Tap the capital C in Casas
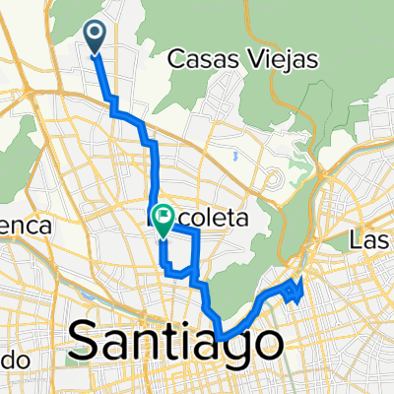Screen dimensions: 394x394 pyautogui.click(x=177, y=60)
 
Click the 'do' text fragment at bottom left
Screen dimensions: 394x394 pyautogui.click(x=12, y=360)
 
